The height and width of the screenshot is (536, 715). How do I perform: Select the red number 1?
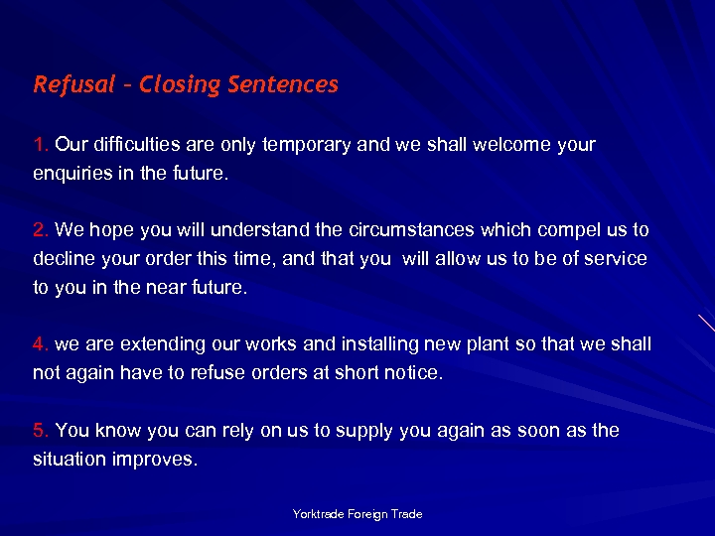coord(41,145)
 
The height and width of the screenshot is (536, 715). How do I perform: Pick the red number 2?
coord(41,230)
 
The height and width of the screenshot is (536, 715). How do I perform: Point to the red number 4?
coord(41,344)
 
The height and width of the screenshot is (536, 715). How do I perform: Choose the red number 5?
coord(41,431)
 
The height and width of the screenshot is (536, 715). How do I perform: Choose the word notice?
coord(413,373)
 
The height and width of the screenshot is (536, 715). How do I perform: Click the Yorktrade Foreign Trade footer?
coord(357,514)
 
